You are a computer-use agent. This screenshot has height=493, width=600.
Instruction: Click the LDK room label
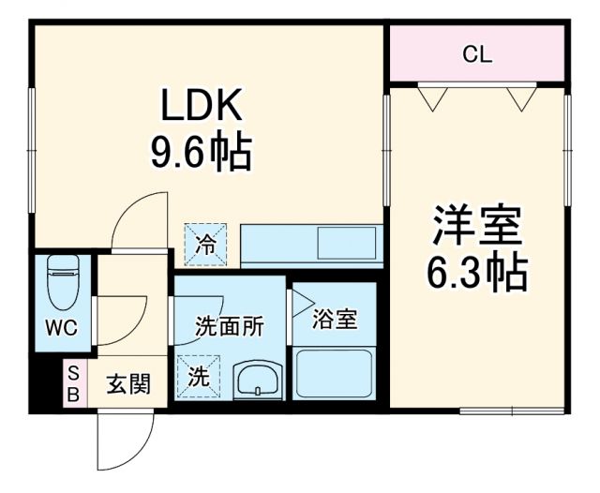click(202, 108)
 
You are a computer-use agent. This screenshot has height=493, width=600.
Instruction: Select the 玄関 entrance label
click(123, 383)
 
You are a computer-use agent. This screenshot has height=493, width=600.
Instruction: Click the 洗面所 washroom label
click(229, 327)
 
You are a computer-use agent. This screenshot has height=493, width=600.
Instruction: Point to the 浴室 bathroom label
click(335, 319)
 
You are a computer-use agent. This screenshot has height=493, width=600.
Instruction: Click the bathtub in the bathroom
click(335, 374)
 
